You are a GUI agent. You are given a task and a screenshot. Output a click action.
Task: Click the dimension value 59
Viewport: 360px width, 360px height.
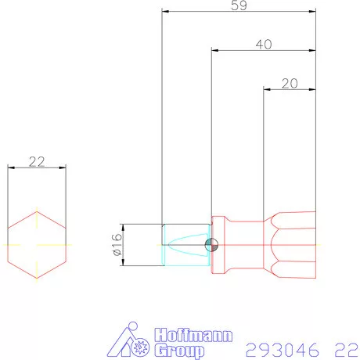[241, 6]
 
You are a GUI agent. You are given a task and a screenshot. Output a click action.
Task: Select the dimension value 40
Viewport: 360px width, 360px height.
[264, 45]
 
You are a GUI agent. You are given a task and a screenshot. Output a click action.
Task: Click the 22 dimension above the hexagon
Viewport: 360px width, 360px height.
[36, 162]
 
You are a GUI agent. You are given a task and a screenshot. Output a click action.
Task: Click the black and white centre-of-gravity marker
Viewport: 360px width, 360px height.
[211, 245]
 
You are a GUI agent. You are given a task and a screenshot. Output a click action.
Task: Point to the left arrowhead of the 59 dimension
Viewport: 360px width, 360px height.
[165, 12]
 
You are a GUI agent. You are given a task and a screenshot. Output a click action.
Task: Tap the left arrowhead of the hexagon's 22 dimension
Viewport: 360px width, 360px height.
[10, 167]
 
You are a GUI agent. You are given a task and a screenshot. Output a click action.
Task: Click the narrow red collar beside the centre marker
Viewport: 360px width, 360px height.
[220, 245]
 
